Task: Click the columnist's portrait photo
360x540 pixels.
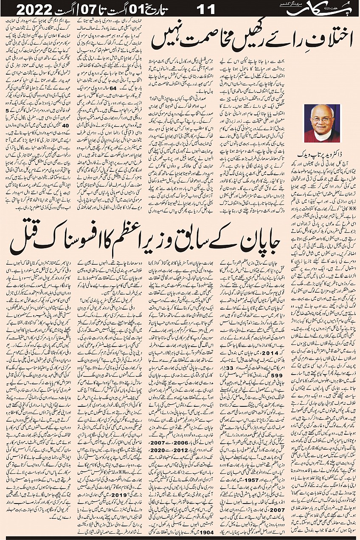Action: click(x=322, y=123)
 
